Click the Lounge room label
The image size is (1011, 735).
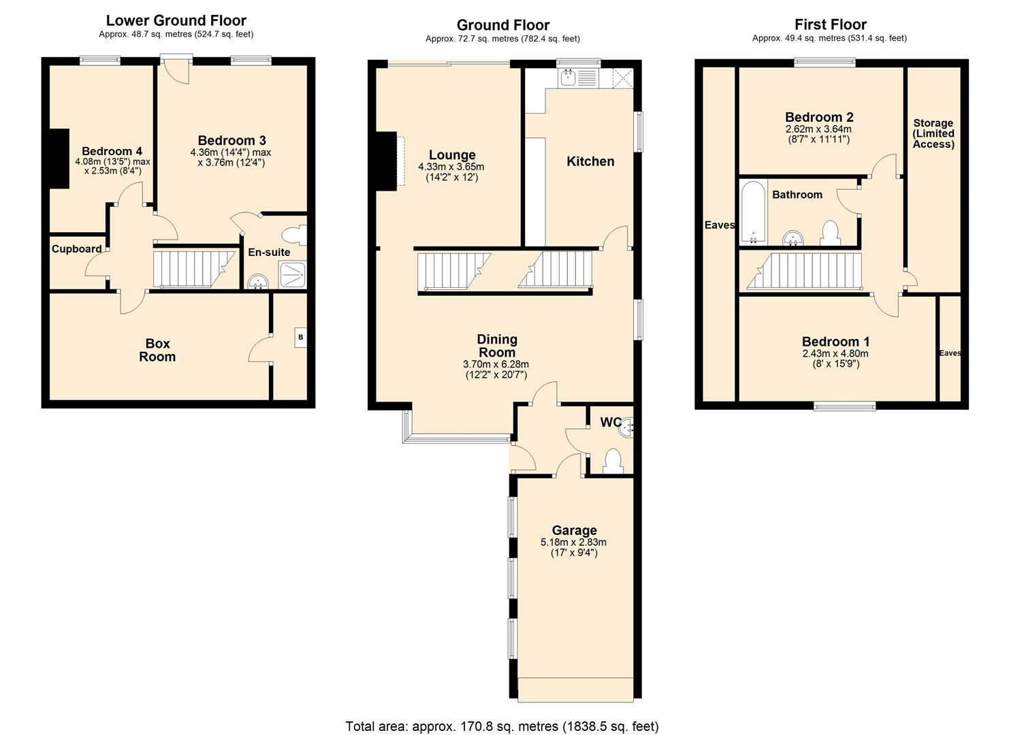(x=452, y=155)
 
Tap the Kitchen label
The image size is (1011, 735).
(x=590, y=161)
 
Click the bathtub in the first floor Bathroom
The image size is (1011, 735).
(x=753, y=212)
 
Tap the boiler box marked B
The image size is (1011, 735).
(x=300, y=337)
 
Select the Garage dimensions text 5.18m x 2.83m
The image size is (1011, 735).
(x=573, y=542)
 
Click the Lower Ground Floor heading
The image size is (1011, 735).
(x=176, y=20)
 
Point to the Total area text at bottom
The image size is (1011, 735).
(x=502, y=726)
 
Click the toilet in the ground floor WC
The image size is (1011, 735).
(x=613, y=461)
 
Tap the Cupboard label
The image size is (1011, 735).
(x=77, y=249)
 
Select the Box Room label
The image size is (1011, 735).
(x=157, y=350)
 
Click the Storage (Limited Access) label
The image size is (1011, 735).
(x=933, y=133)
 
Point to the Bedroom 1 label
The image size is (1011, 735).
(x=835, y=342)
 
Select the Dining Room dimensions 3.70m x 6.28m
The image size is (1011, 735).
(x=496, y=364)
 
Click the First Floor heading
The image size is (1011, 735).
(x=830, y=24)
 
